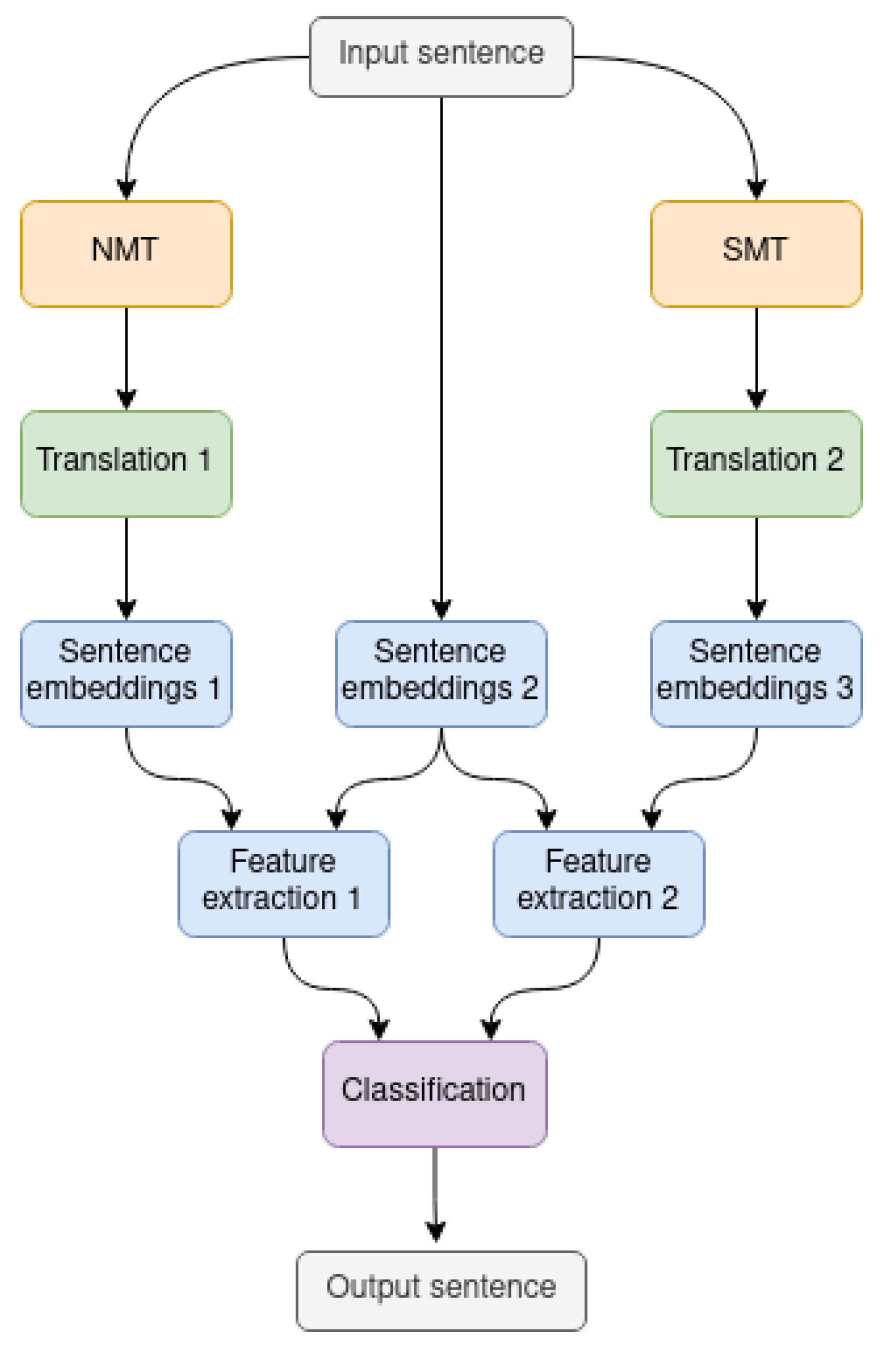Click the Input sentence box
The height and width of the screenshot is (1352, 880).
coord(441,57)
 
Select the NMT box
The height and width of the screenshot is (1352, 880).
coord(126,254)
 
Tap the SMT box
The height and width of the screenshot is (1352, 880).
coord(756,254)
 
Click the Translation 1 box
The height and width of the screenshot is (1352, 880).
coord(126,464)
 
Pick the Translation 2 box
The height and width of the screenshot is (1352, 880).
coord(756,464)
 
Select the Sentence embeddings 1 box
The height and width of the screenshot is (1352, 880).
coord(126,673)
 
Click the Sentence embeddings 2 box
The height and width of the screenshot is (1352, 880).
coord(441,673)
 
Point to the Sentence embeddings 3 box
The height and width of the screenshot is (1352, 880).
coord(756,673)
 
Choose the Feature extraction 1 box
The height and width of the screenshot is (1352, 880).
coord(284,883)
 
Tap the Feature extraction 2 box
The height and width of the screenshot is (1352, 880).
coord(598,883)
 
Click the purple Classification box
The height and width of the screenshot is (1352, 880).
coord(435,1094)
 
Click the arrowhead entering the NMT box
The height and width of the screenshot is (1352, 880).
coord(126,190)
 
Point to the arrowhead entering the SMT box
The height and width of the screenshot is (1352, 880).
coord(756,190)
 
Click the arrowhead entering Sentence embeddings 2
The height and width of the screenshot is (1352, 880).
coord(442,609)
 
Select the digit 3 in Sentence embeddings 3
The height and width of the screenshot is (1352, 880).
coord(844,687)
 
